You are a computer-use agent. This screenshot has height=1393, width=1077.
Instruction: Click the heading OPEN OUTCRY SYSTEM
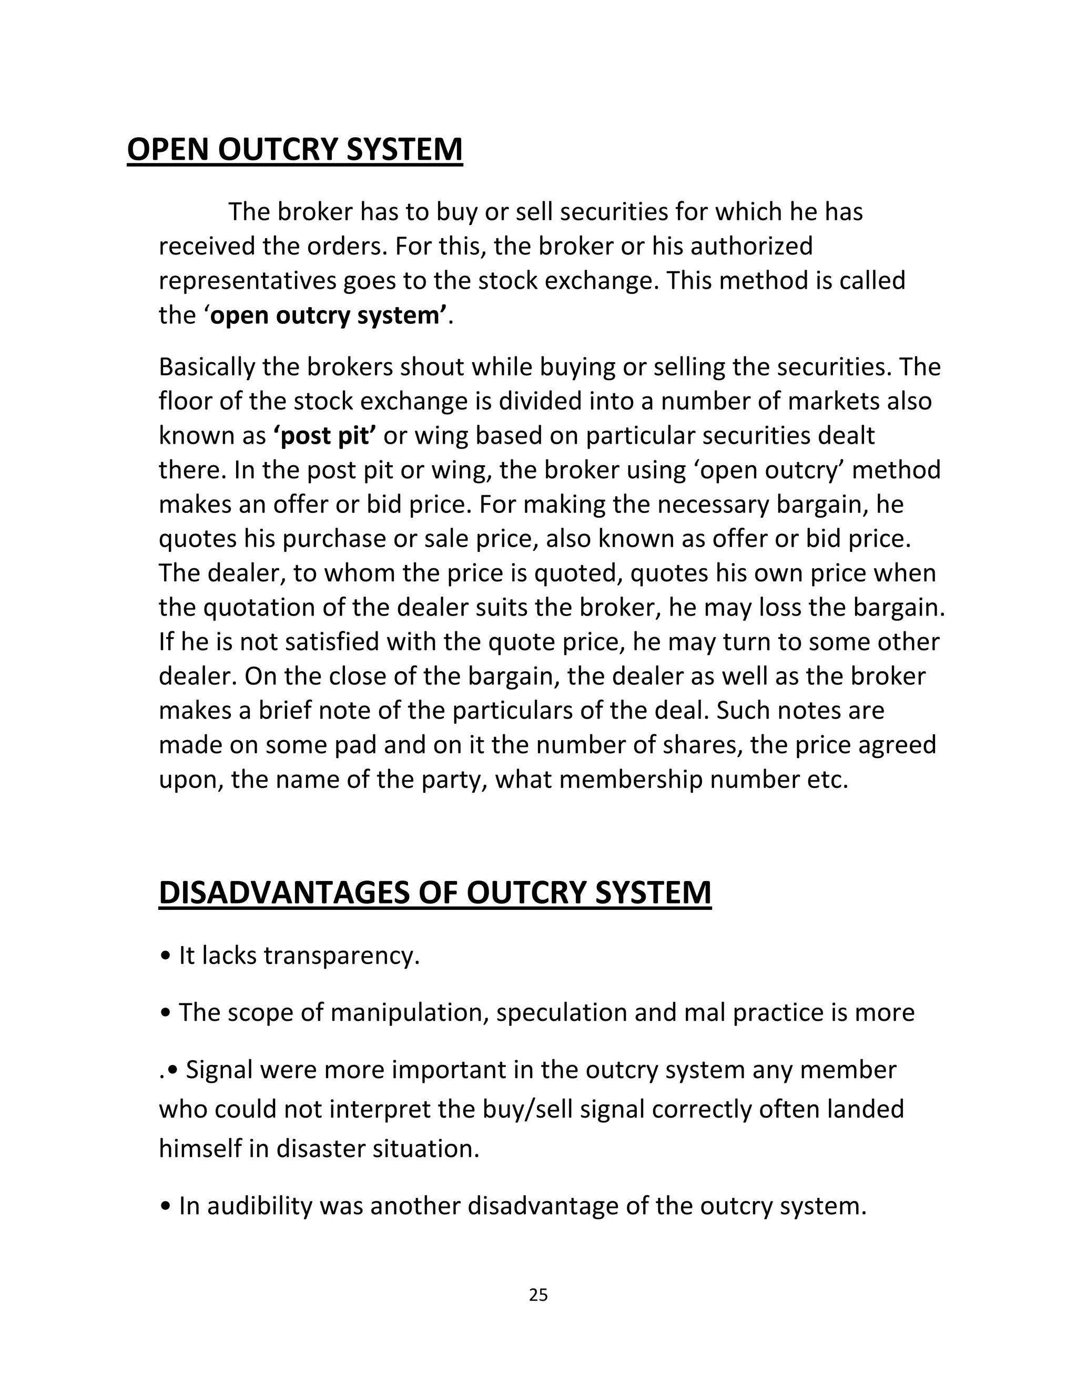tap(295, 149)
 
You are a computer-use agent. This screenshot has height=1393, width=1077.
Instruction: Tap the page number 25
tap(538, 1295)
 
